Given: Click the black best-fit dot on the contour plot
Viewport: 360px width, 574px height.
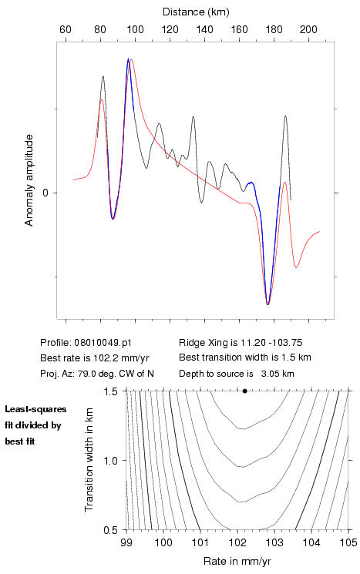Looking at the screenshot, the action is (x=244, y=391).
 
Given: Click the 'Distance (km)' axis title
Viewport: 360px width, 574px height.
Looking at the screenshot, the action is (x=196, y=12).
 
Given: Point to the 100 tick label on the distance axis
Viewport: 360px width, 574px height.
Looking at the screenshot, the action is (x=135, y=29).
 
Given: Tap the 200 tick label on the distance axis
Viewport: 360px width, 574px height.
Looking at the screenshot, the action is (x=308, y=29).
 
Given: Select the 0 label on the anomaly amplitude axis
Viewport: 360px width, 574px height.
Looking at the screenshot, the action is (x=45, y=193).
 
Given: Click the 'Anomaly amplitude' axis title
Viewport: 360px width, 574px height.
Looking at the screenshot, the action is (x=29, y=180).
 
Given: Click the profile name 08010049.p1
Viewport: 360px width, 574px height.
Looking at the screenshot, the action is (x=103, y=343).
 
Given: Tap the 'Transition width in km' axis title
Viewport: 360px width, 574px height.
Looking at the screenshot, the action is (x=89, y=460).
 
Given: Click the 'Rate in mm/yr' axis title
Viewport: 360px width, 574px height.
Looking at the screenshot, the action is (x=237, y=561).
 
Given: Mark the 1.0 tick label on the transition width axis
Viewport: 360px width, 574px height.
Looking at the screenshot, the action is (x=110, y=461).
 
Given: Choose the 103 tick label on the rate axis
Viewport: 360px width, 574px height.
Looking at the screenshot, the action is (x=274, y=542).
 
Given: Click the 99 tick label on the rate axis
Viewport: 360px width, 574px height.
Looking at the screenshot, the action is (x=126, y=542).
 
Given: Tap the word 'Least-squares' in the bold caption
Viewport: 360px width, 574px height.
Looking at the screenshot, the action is (x=35, y=409).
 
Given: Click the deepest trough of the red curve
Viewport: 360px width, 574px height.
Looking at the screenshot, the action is (x=267, y=304).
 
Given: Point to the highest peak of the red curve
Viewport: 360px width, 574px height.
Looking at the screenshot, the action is (x=131, y=59).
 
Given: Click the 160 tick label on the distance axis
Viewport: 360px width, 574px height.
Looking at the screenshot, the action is (x=239, y=29).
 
